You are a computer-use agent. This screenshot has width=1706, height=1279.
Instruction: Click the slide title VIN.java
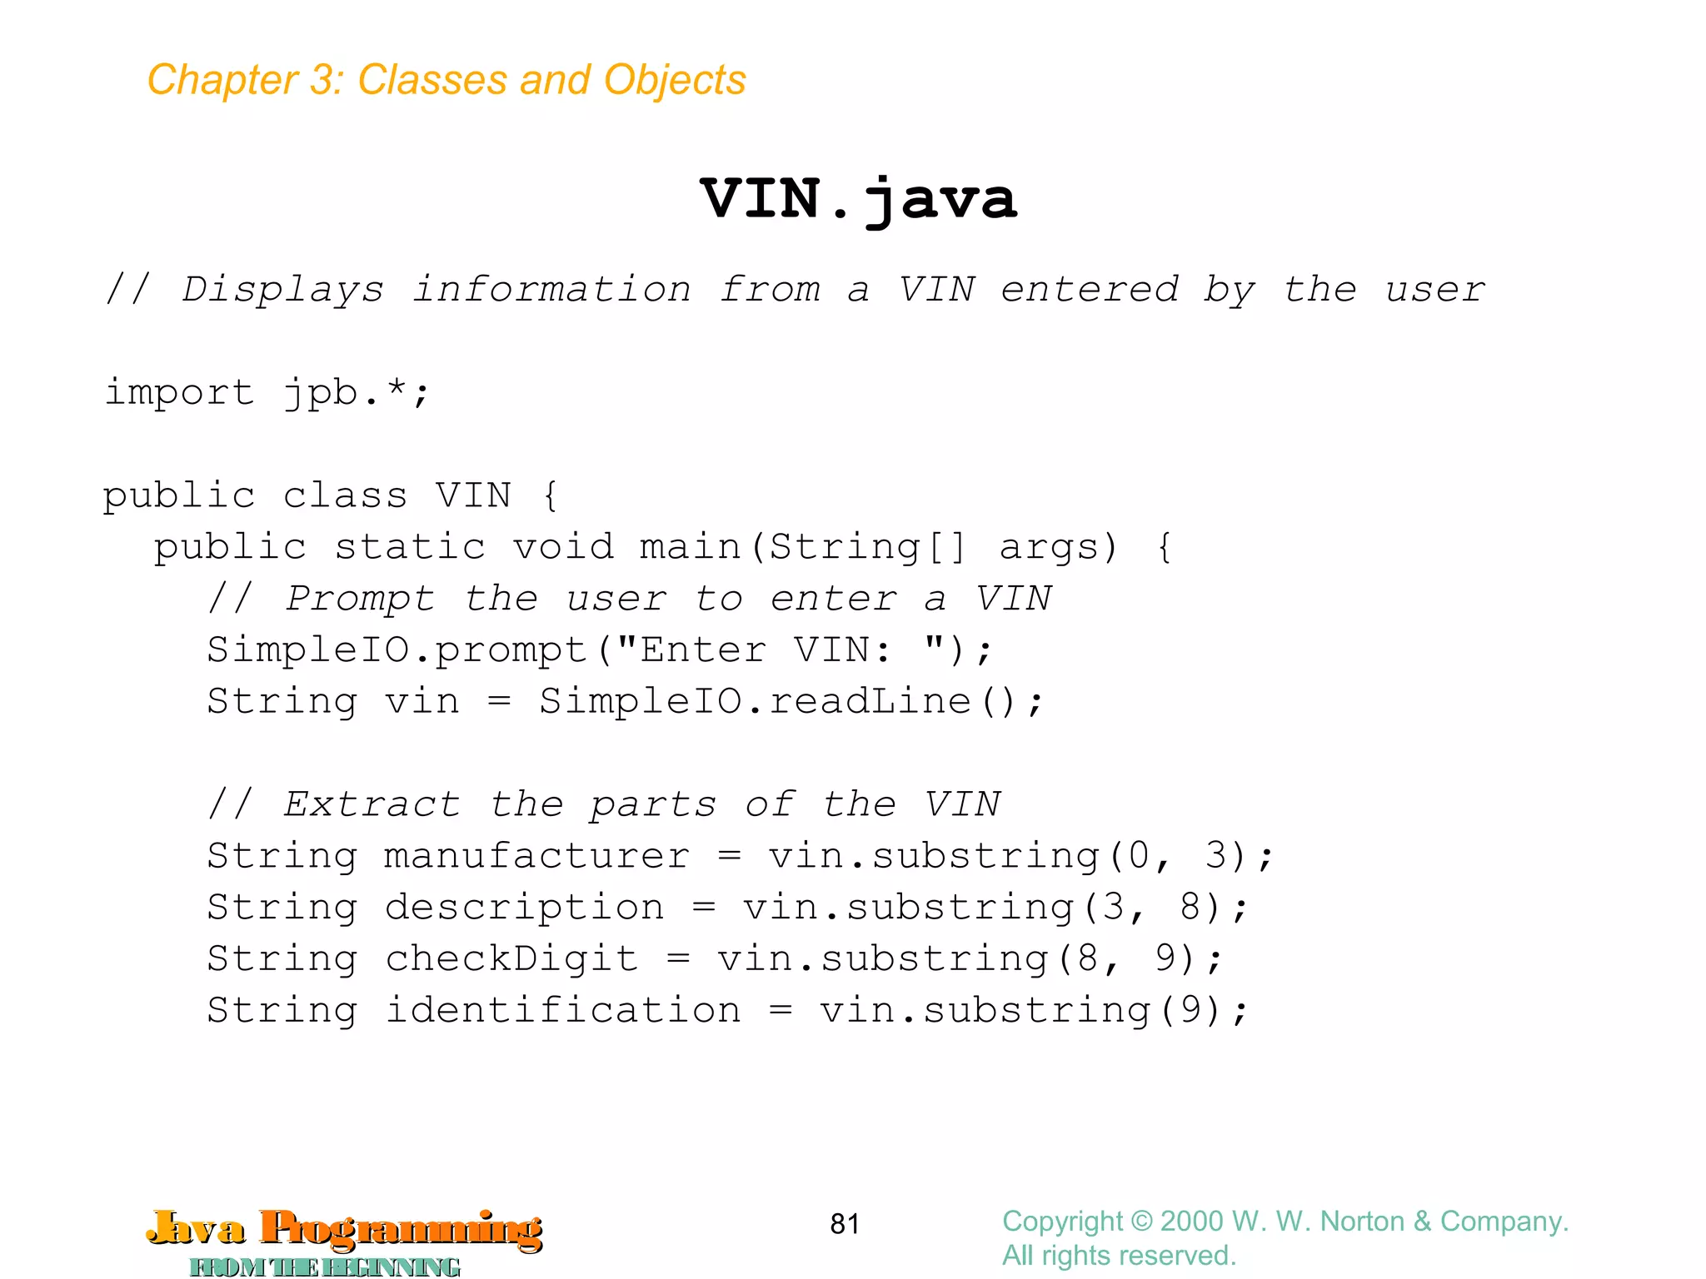pos(858,200)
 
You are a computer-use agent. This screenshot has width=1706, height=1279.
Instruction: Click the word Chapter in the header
pos(222,81)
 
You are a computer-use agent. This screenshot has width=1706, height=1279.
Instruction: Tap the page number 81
pos(845,1223)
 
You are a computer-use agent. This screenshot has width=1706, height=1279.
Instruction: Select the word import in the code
pos(179,392)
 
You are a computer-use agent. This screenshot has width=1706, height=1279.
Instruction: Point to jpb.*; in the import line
pos(357,392)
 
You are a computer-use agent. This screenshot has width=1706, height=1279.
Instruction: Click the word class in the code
pos(345,495)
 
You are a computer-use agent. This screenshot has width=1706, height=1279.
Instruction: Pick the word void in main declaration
pos(563,547)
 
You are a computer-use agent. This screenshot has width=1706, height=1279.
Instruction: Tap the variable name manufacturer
pos(537,856)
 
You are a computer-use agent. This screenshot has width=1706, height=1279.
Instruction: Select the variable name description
pos(525,908)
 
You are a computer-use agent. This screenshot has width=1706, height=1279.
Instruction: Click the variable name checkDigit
pos(511,959)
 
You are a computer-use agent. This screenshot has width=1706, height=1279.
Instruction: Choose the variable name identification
pos(563,1011)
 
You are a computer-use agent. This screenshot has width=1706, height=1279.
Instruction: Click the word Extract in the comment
pos(372,804)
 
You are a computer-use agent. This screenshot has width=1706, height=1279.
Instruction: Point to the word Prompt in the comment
pos(360,599)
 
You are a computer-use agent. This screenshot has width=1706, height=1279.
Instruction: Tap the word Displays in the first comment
pos(283,290)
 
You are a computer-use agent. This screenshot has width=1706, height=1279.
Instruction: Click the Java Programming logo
pos(344,1239)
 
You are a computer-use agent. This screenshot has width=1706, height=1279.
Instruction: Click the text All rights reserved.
pos(1119,1256)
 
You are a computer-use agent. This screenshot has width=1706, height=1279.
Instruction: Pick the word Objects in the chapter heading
pos(675,81)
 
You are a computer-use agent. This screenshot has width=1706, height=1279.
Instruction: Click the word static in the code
pos(410,547)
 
